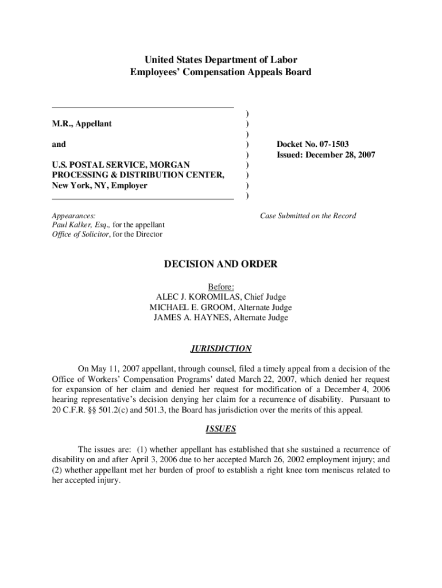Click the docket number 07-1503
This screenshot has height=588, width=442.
(329, 144)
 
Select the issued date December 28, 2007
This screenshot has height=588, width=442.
(340, 155)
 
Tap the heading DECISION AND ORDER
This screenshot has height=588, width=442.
(221, 264)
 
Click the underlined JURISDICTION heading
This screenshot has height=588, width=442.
(221, 349)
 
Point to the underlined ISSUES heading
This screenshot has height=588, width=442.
(221, 429)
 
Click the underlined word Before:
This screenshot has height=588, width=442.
(221, 287)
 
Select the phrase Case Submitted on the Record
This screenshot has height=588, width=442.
(308, 216)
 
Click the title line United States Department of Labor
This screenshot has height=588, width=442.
(221, 60)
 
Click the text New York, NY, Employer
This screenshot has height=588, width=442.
(100, 185)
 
